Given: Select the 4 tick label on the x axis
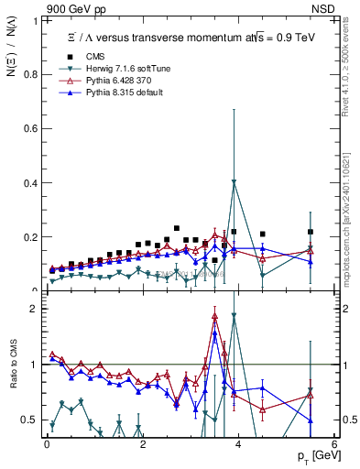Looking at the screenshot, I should [x=238, y=445].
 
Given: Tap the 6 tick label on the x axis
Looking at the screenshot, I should [x=333, y=445].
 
